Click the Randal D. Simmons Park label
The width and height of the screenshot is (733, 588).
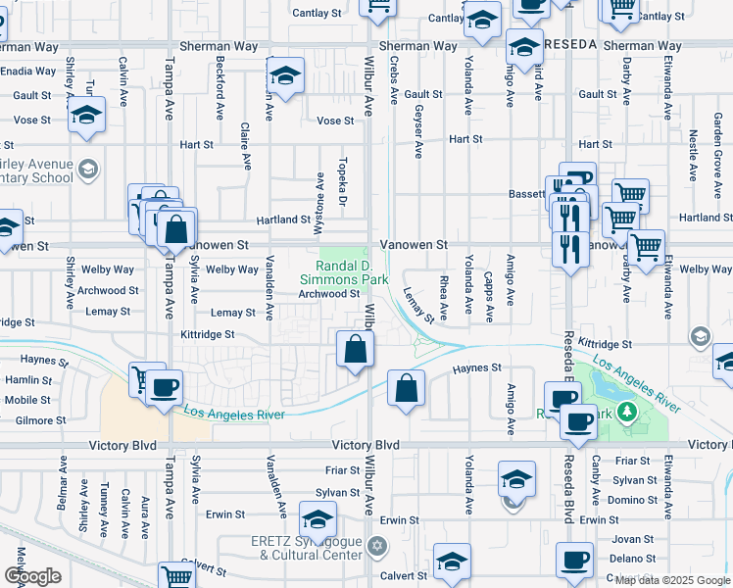point(346,272)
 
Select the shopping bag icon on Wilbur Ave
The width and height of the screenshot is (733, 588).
point(355,349)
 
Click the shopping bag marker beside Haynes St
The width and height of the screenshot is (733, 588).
point(406,389)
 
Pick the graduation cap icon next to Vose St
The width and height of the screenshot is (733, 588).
point(87,116)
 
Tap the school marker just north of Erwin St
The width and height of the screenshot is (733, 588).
point(318,519)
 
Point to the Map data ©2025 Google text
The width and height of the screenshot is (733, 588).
point(671,580)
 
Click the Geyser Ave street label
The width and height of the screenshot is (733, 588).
point(418,131)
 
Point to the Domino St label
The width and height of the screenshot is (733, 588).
point(632,500)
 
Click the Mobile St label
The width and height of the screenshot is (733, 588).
point(26,400)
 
